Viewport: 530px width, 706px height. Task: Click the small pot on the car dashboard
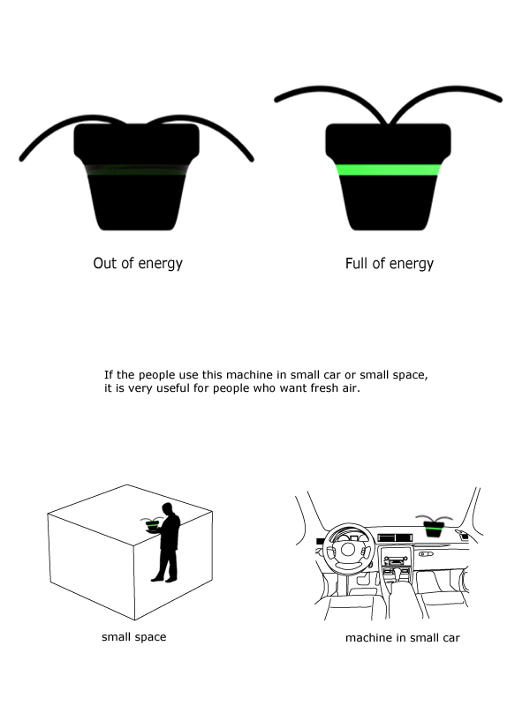(x=434, y=529)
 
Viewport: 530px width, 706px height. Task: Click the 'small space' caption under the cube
(x=133, y=636)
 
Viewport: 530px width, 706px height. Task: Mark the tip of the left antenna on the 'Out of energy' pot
(x=21, y=160)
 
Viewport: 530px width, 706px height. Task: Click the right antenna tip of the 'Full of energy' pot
(x=500, y=99)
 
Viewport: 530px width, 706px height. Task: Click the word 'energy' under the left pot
(x=161, y=264)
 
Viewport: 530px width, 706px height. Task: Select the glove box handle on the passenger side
(x=426, y=553)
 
